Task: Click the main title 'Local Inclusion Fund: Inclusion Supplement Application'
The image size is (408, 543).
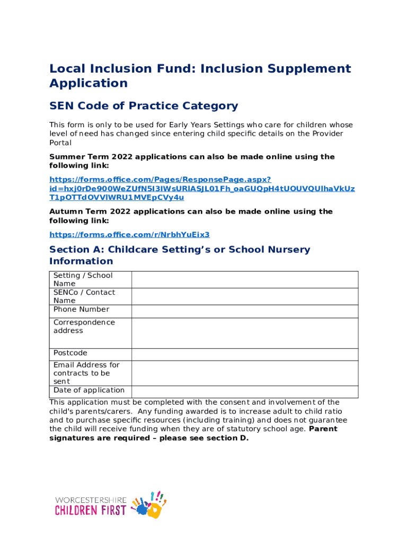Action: point(200,76)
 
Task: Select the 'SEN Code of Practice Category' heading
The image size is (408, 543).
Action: point(144,106)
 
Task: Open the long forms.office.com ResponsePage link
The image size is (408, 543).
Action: point(202,189)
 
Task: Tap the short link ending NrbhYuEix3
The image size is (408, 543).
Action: point(129,234)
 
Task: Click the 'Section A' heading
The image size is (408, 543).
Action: point(180,255)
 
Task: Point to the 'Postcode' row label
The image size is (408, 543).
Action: point(70,353)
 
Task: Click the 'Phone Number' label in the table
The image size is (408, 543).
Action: point(81,309)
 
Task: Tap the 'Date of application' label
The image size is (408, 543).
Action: point(88,390)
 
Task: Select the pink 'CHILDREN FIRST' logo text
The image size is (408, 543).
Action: point(91,511)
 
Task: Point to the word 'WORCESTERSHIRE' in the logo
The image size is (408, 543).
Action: point(91,500)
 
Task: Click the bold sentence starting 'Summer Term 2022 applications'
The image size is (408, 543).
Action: point(192,161)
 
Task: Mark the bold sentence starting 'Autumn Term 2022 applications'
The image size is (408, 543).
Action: point(191,216)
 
